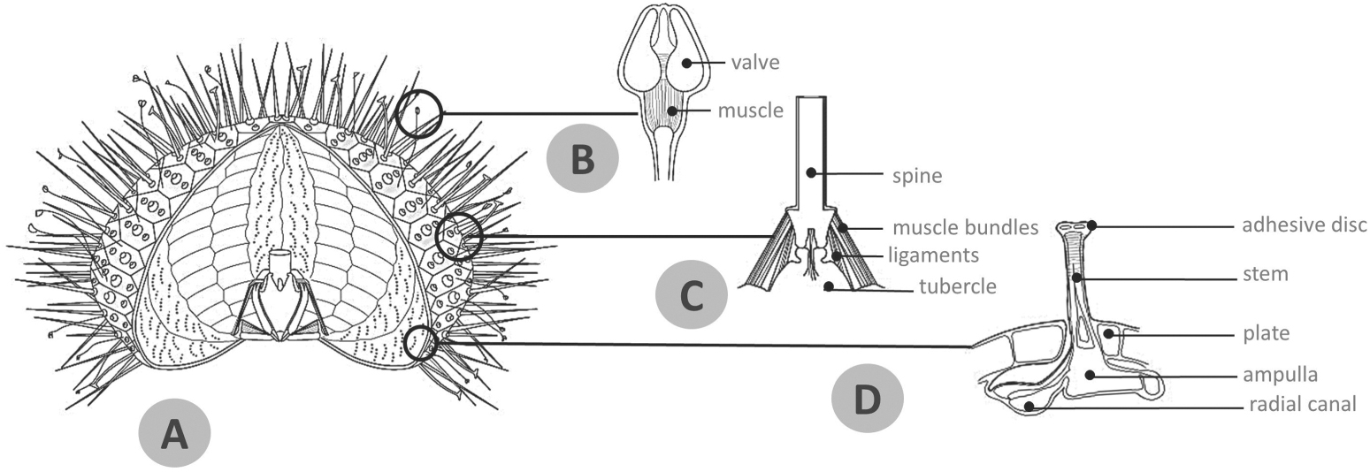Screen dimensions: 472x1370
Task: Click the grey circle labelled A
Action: tap(174, 433)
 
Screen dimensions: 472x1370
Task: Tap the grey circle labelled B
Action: tap(582, 160)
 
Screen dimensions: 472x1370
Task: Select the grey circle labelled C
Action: tap(691, 296)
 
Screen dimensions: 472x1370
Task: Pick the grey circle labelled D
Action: tap(868, 399)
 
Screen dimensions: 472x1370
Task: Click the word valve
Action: tap(754, 63)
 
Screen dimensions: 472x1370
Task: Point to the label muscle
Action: tap(750, 110)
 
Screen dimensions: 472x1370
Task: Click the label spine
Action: tap(917, 176)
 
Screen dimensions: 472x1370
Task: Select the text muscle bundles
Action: tap(964, 228)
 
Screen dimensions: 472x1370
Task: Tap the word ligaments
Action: tap(935, 255)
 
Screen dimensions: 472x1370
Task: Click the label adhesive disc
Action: tap(1304, 225)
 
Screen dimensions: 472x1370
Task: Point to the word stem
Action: tap(1265, 275)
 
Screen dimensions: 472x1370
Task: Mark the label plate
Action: tap(1266, 334)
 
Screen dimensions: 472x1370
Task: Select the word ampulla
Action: tap(1280, 375)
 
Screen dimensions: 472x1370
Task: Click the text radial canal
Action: tap(1302, 405)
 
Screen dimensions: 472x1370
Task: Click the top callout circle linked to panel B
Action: tap(417, 114)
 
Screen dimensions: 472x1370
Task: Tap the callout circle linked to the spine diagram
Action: tap(460, 236)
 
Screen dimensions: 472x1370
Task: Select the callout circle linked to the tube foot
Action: tap(421, 344)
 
